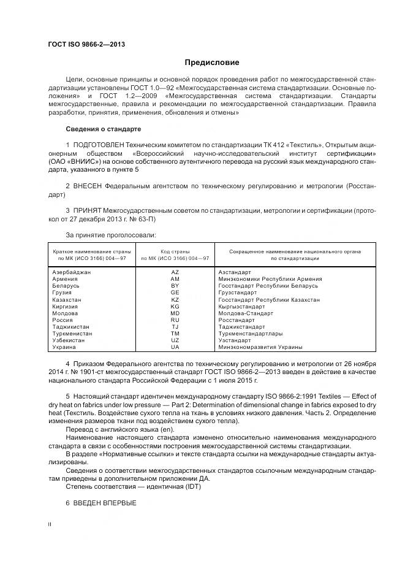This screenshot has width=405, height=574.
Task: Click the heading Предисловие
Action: [x=212, y=63]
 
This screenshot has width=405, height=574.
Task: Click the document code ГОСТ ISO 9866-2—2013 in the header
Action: [x=82, y=44]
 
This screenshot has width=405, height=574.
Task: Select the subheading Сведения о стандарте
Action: [x=103, y=129]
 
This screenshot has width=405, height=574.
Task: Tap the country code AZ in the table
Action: [x=175, y=272]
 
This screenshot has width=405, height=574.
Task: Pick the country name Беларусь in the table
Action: [x=66, y=286]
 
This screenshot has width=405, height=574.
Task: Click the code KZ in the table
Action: [x=175, y=299]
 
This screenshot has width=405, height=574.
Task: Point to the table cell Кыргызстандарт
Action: [x=240, y=306]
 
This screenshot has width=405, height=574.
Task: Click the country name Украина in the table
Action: [x=64, y=347]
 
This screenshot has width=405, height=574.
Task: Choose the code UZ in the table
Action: [x=175, y=340]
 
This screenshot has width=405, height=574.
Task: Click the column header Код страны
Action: [x=175, y=251]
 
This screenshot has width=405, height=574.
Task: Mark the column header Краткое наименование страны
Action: [x=89, y=251]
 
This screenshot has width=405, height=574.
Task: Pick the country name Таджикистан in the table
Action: [x=71, y=327]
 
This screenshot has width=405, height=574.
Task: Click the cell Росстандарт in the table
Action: [x=236, y=320]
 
